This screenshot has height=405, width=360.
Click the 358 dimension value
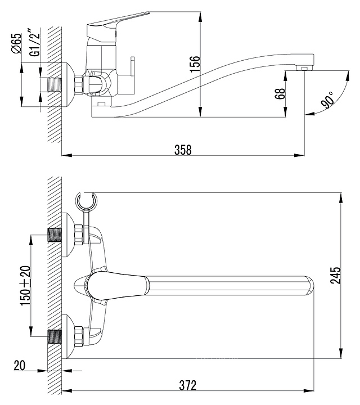point(183,150)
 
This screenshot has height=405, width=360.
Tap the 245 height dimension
point(336,276)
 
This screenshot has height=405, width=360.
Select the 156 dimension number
point(195,64)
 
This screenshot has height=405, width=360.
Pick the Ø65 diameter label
point(16,44)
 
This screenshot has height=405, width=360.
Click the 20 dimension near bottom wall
point(20,366)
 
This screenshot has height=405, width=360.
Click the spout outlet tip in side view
point(304,67)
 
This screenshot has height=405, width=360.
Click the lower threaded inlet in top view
point(55,335)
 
